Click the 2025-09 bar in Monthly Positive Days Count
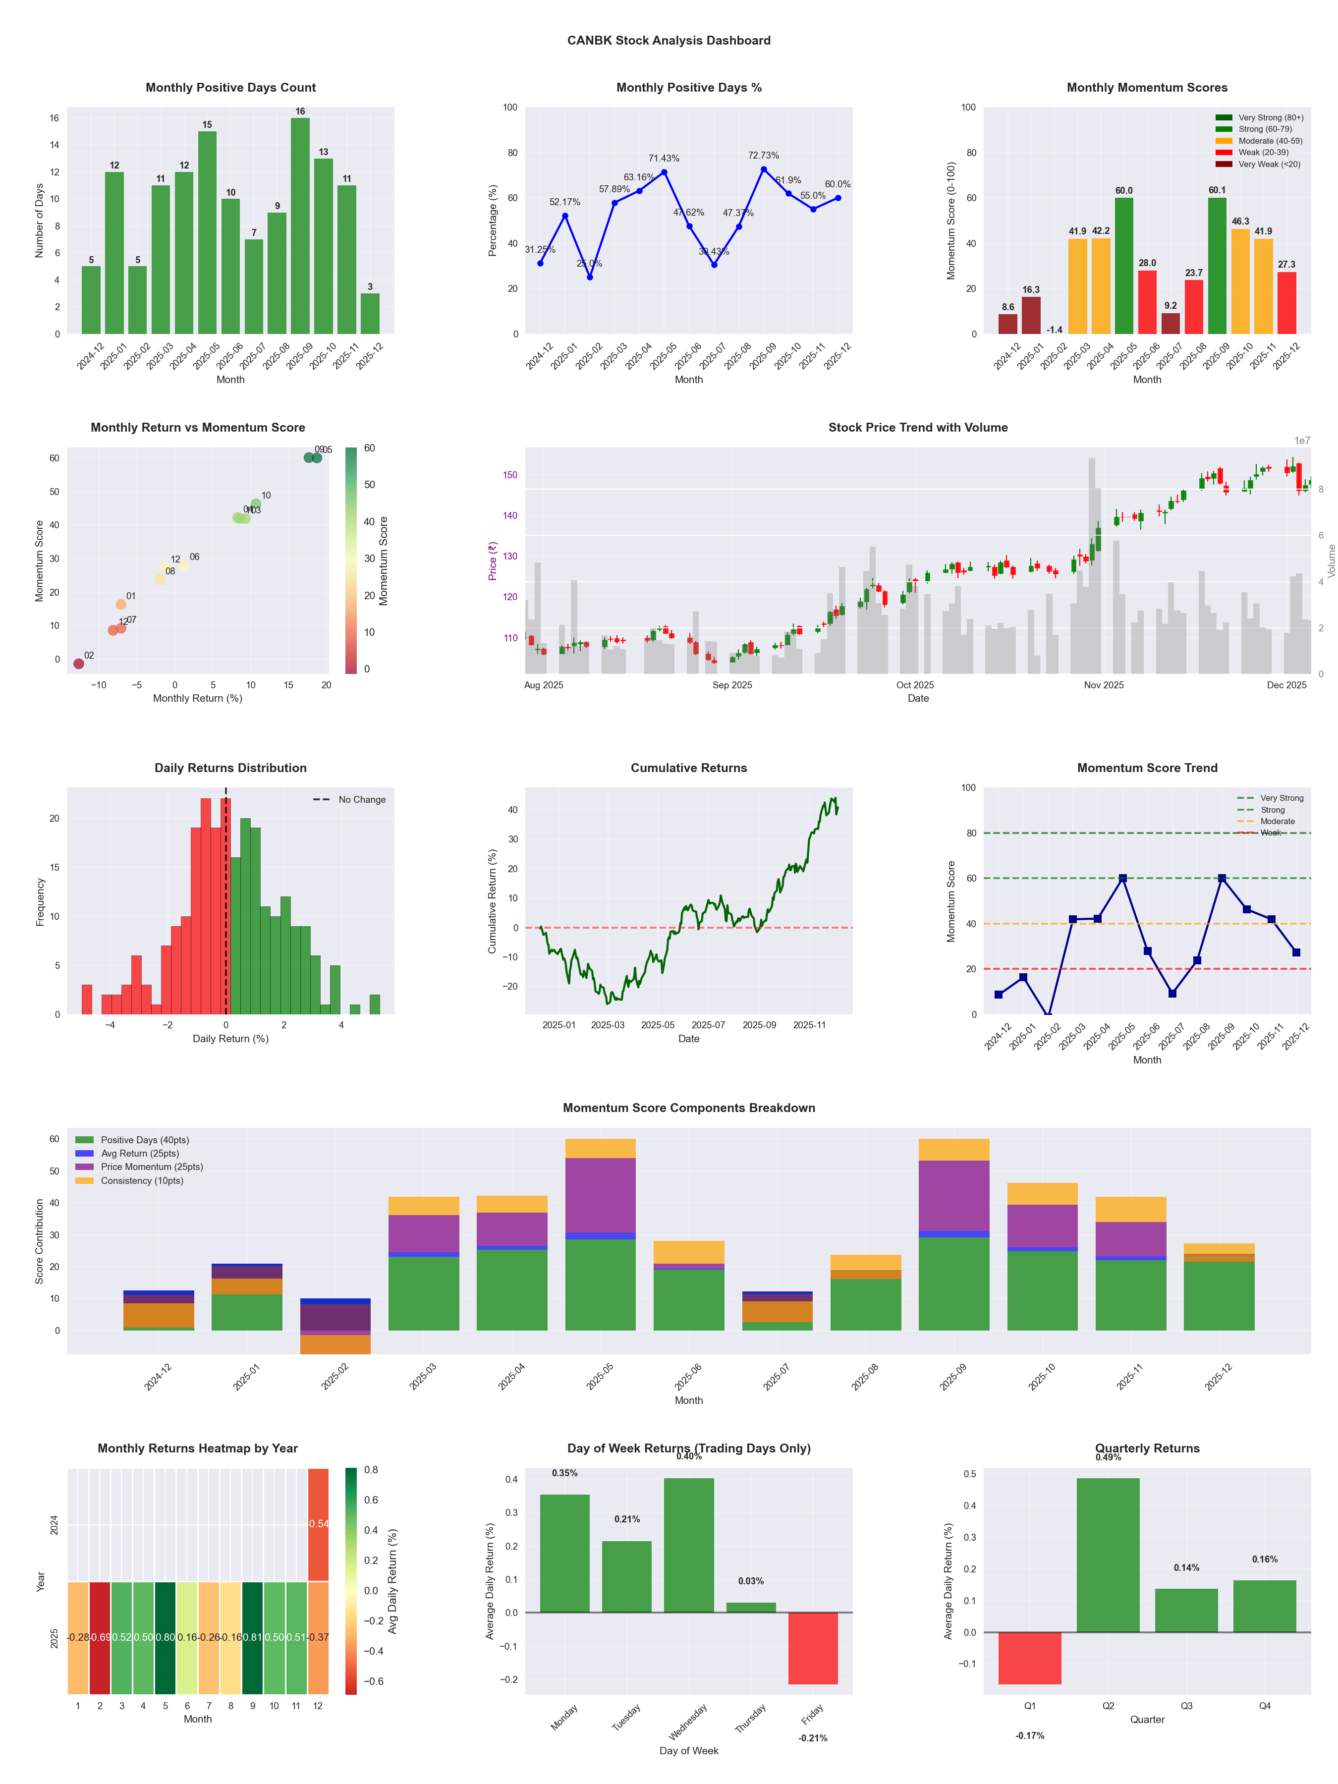300,226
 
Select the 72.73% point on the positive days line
764,169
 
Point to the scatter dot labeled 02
78,664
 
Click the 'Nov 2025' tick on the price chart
1103,685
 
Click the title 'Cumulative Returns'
689,768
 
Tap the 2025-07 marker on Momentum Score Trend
1172,994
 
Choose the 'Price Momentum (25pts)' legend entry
152,1167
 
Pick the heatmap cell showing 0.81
252,1637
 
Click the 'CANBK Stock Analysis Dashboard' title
669,40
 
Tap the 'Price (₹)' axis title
492,560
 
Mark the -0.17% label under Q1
1030,1735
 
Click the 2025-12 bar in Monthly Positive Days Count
370,314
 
